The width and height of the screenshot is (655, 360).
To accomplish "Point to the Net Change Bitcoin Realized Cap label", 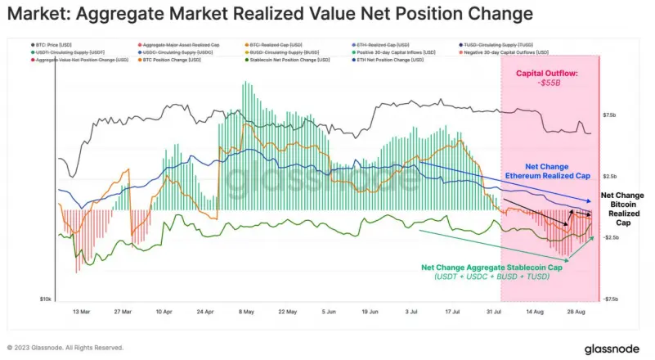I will click(x=623, y=209).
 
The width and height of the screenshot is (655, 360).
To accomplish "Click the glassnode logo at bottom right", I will click(x=613, y=349).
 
